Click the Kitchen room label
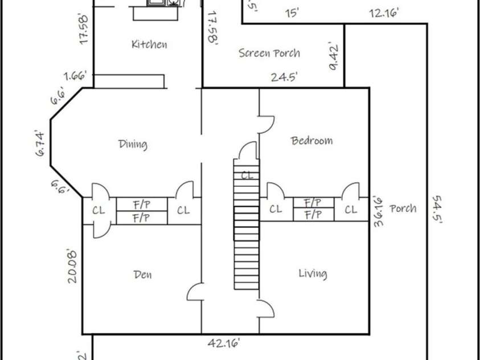point(149,44)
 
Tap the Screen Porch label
point(269,53)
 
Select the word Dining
point(133,144)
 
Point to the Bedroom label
point(312,141)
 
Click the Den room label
point(142,275)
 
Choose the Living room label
point(313,274)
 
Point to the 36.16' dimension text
point(378,211)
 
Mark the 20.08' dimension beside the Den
point(72,265)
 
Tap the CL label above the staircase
point(247,175)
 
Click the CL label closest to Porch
point(351,210)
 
